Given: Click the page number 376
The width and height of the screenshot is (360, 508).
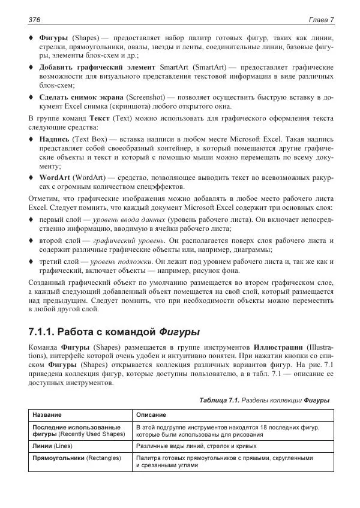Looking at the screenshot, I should point(34,20).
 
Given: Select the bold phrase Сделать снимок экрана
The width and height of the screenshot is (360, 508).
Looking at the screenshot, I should point(82,97).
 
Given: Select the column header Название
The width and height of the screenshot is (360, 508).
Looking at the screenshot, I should point(47,415).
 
